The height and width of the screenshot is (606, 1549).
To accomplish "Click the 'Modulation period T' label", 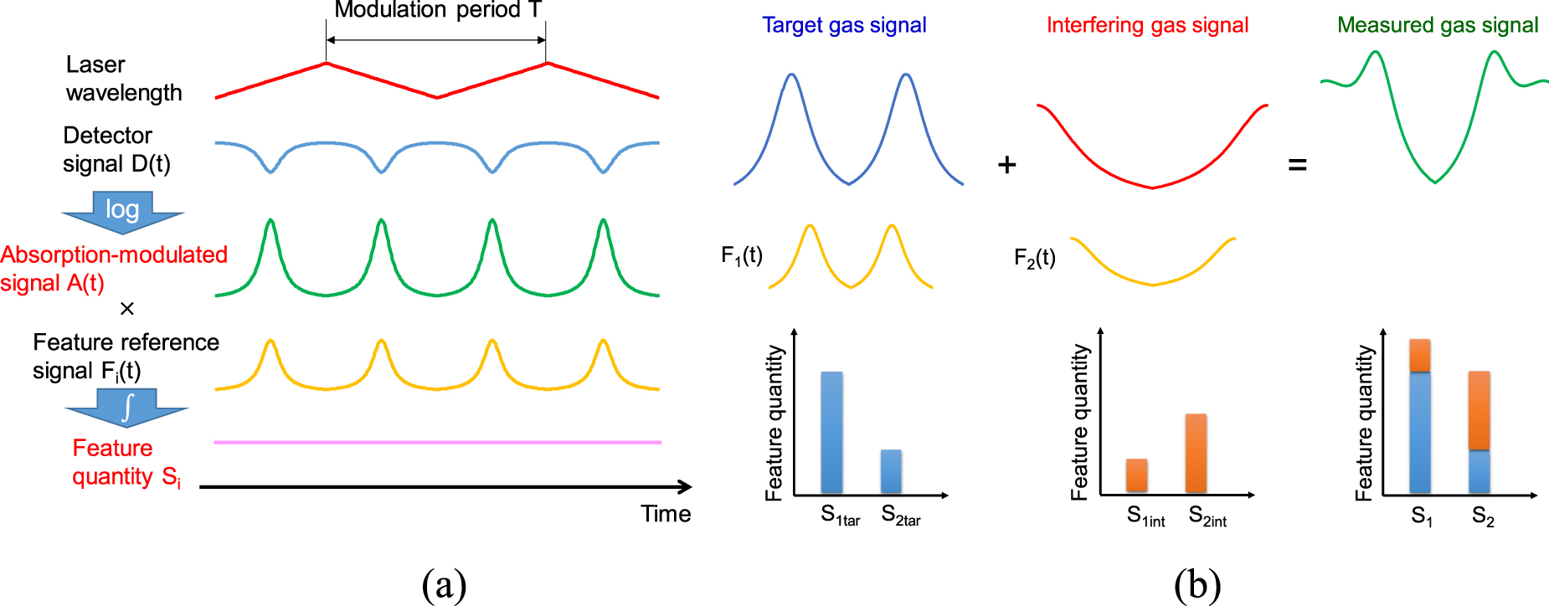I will coord(438,10).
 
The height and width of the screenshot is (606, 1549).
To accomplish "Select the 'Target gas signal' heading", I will coord(844,25).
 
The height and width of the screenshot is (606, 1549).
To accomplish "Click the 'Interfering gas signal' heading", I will coord(1147,25).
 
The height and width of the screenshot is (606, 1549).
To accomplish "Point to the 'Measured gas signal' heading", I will coord(1438,25).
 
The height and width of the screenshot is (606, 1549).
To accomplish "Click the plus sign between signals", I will coord(1006,165).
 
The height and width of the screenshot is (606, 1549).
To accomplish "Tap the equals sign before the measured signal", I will coord(1297,165).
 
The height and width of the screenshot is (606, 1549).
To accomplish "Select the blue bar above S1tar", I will coord(831,432).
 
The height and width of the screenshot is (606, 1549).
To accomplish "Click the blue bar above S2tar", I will coord(891,471).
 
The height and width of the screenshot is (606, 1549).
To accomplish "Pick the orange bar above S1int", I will coord(1136,475).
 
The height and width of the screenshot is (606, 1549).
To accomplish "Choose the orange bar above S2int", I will coord(1196,453).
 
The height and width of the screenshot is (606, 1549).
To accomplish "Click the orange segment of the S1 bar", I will coord(1420,355).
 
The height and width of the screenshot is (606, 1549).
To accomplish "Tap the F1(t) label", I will coord(742,255).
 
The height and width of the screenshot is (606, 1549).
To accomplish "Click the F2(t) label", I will coord(1035,258).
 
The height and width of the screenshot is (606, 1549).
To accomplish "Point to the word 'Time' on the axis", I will coord(666,514).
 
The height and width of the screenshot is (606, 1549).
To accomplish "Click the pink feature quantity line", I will coord(437,442).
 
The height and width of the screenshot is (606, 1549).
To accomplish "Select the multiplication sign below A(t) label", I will coord(127,309).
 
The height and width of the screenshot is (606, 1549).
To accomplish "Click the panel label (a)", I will coord(444,585).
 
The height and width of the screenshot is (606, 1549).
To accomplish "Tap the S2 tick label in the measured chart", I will coord(1482,516).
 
